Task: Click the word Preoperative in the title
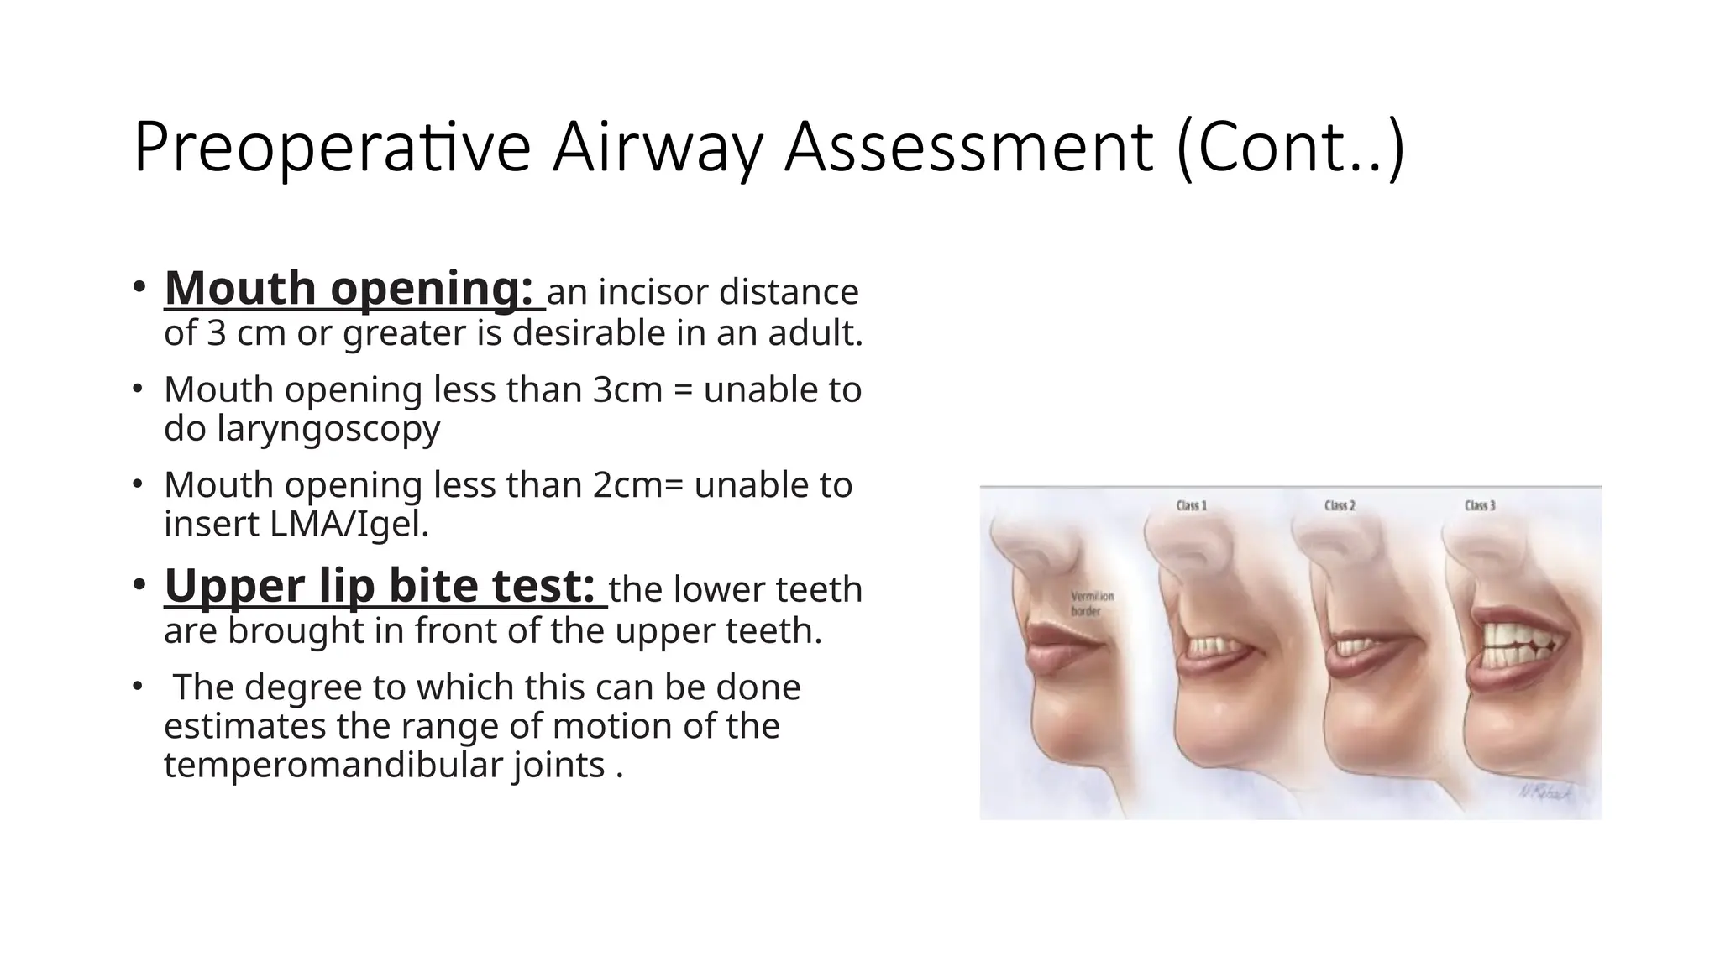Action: [332, 148]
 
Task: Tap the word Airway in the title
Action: [658, 148]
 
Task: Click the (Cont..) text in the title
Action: [1290, 148]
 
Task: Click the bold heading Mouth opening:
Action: [349, 289]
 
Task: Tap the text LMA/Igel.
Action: [349, 524]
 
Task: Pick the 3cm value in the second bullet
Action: [627, 390]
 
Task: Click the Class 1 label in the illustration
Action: [1191, 505]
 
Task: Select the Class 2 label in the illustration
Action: [1340, 505]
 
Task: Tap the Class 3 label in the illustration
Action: [1480, 505]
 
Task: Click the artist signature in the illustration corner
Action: [1545, 792]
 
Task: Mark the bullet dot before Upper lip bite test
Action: [139, 584]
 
